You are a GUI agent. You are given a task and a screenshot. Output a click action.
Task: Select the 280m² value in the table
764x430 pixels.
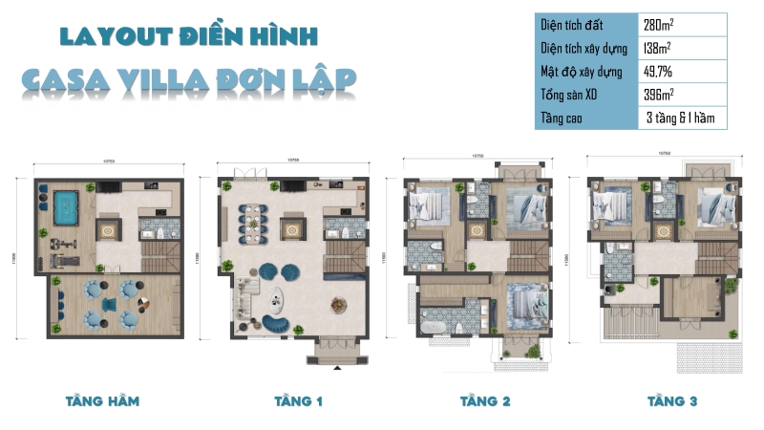click(x=660, y=23)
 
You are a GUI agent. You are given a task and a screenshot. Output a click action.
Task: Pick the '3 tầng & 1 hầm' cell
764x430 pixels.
click(x=680, y=118)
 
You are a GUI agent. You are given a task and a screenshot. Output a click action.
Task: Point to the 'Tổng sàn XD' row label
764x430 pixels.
click(x=571, y=95)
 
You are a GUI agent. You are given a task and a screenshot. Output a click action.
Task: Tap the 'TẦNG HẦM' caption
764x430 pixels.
click(x=102, y=400)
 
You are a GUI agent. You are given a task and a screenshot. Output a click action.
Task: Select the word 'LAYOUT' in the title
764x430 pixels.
click(x=116, y=37)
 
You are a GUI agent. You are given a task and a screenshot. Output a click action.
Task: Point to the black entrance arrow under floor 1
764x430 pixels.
click(x=335, y=366)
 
